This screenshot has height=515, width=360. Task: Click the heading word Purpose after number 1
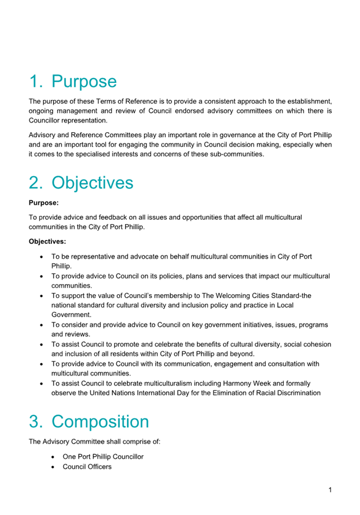pos(84,81)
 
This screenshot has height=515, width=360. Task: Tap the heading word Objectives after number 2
pos(93,182)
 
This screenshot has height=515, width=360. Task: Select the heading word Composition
pos(100,421)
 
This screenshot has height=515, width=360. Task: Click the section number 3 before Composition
pos(36,421)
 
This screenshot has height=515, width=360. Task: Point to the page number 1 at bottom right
pos(330,490)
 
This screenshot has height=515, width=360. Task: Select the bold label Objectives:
pos(47,241)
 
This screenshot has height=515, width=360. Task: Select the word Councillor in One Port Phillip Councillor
pos(126,456)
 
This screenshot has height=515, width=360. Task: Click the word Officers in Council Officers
pos(99,466)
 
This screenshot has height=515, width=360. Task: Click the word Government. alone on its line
pos(71,315)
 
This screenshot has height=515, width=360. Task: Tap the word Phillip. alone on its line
pos(61,265)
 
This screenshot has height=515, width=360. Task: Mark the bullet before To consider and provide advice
pos(42,325)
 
